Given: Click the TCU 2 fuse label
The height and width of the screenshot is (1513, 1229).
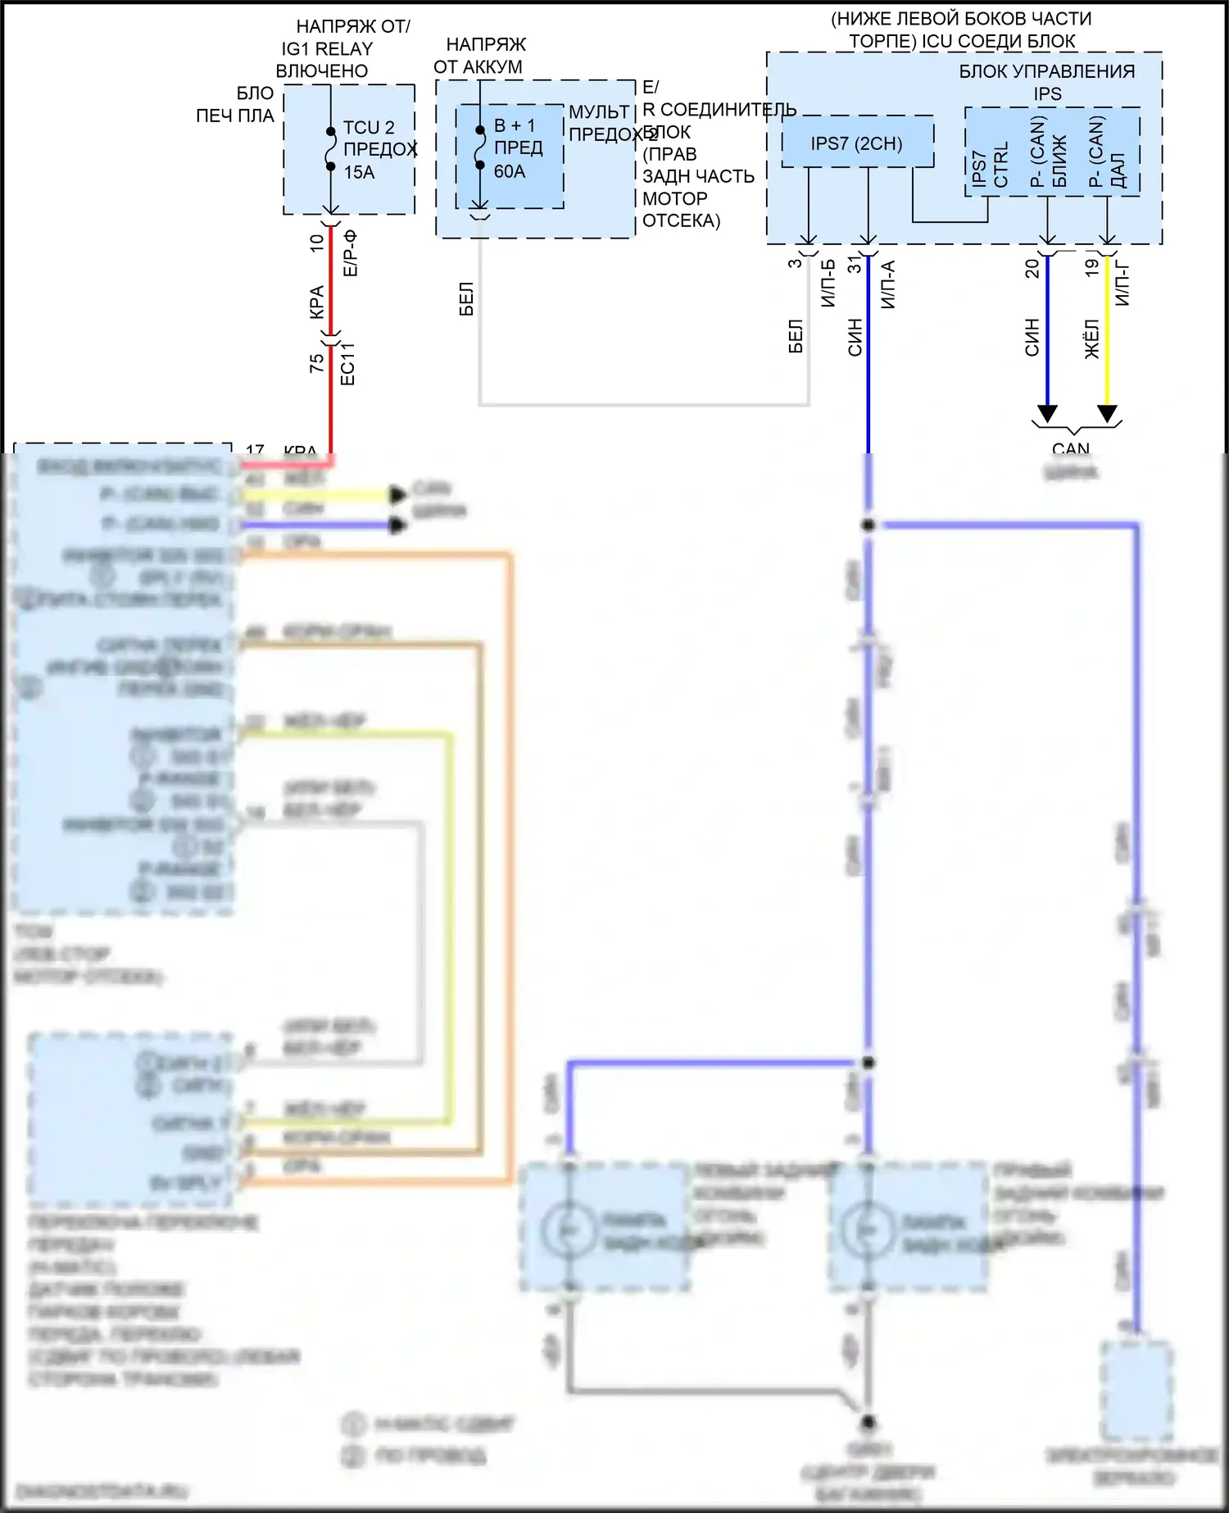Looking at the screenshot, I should click(369, 128).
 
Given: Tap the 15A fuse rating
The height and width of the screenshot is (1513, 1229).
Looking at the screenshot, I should click(359, 172).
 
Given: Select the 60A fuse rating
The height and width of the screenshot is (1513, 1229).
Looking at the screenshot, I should click(510, 171).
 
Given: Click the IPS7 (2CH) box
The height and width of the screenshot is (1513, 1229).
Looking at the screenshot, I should click(857, 143).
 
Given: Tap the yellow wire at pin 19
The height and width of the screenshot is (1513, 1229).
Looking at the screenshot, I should click(1107, 328).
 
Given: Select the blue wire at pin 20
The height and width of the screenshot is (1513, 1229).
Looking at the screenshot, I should click(1047, 328).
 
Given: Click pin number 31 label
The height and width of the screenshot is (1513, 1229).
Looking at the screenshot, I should click(855, 265).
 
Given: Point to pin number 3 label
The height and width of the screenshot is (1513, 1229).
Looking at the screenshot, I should click(795, 263).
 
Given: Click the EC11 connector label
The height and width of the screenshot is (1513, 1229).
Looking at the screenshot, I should click(347, 364).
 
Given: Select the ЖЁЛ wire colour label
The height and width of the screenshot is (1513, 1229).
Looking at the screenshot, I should click(1092, 339).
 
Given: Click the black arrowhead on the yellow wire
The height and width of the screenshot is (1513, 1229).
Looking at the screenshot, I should click(1107, 413).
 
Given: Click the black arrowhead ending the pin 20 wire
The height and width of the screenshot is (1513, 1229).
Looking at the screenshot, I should click(1047, 413).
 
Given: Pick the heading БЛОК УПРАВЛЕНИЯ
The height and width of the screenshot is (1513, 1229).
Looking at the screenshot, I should click(1047, 71).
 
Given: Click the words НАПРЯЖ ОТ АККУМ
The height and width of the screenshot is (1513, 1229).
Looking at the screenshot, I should click(480, 56).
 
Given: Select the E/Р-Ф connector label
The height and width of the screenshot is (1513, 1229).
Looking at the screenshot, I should click(350, 254).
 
